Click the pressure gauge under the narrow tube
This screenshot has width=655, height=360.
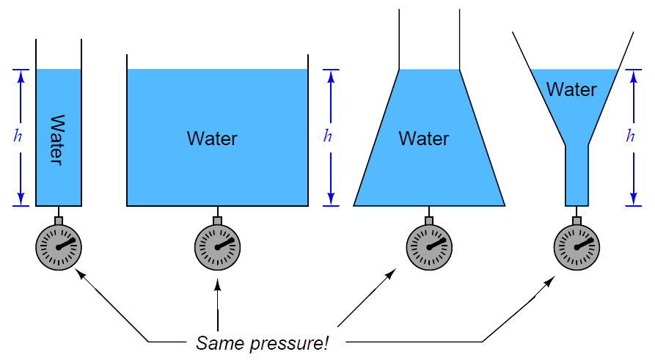coord(59,247)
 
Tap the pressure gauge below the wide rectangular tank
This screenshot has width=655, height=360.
coord(217,247)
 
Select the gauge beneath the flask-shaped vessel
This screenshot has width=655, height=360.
coord(429,247)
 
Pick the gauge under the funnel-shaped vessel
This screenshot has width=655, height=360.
coord(577,247)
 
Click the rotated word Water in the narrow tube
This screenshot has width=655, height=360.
coord(58,140)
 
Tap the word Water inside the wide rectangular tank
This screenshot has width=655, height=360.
coord(212,139)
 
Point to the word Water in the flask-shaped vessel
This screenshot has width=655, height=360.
coord(424,139)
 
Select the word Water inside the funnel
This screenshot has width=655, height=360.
coord(571,89)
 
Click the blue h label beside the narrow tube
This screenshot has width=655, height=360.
coord(18,136)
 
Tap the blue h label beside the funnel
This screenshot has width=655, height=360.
coord(630,136)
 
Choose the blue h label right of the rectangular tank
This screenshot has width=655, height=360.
coord(327,136)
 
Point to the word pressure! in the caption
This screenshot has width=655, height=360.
coord(289,344)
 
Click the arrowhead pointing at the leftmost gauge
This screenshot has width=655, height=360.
coord(80,274)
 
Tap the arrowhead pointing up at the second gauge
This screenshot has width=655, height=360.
coord(217,284)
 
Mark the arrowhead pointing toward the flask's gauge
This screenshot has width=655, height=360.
coord(391,274)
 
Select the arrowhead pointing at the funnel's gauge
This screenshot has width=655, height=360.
coord(549,282)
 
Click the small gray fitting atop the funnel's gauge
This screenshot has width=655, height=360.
coord(577,221)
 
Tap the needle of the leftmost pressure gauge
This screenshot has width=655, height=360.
coord(67,243)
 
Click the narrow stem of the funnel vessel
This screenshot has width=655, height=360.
coord(577,175)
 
